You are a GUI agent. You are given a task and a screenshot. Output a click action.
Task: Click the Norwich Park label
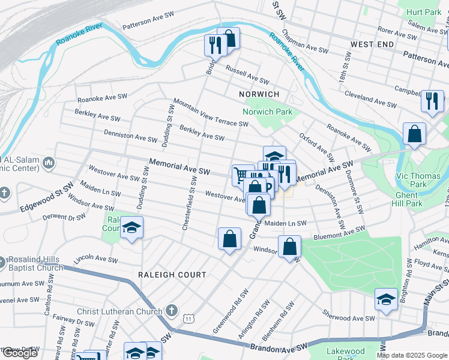point(267,112)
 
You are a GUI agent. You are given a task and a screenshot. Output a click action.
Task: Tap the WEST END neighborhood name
point(372,45)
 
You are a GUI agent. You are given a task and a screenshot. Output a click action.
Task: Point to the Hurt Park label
point(423,12)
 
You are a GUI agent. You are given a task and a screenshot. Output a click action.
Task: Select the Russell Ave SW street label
point(247,75)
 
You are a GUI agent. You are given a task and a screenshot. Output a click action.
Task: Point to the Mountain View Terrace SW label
point(211,112)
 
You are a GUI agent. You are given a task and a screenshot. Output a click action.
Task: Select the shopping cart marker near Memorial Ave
point(241,175)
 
